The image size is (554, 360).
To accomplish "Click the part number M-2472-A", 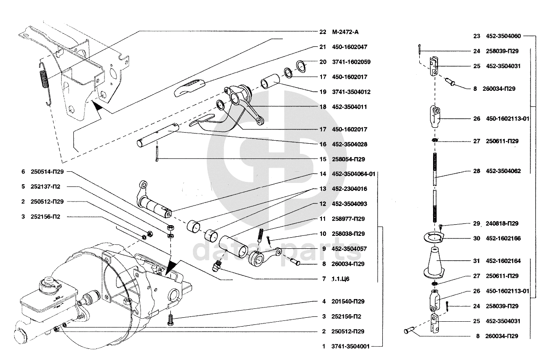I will [x=345, y=32].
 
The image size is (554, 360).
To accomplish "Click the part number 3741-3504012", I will [x=351, y=92].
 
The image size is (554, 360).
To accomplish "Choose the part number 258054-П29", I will [x=348, y=159].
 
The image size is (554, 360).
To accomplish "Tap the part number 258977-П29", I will [x=348, y=218].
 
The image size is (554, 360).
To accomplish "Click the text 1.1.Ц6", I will [x=341, y=279].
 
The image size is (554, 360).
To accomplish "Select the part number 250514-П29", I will [x=48, y=172].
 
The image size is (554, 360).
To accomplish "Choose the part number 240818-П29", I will [x=502, y=223].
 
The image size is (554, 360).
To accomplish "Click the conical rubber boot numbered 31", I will [x=435, y=262].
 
